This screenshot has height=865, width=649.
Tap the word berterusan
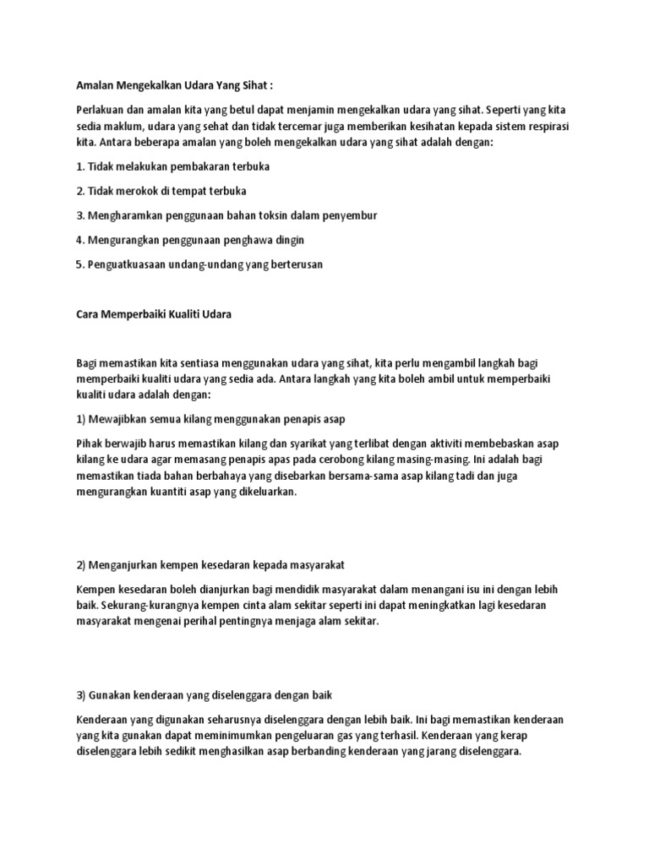tap(292, 264)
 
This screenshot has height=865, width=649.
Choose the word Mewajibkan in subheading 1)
tap(121, 419)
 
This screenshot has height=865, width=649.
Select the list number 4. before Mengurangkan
tap(81, 240)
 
